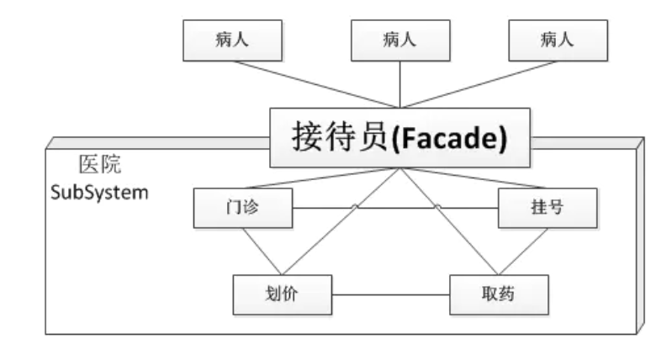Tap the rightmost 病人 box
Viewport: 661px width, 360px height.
click(x=558, y=38)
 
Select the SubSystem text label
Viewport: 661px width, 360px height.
click(x=100, y=192)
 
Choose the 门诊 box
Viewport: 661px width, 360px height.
click(x=243, y=208)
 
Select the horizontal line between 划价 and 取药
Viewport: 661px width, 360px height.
click(x=390, y=295)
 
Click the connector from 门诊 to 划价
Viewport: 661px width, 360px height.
click(x=257, y=250)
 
